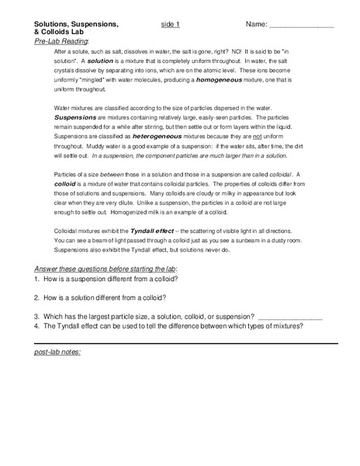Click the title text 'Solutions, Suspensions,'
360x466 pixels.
75,24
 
